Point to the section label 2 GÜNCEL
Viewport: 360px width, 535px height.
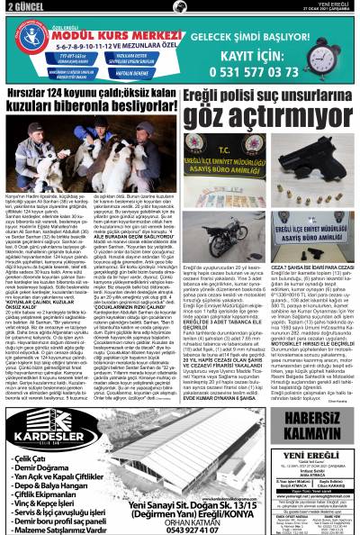[x=20, y=6]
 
